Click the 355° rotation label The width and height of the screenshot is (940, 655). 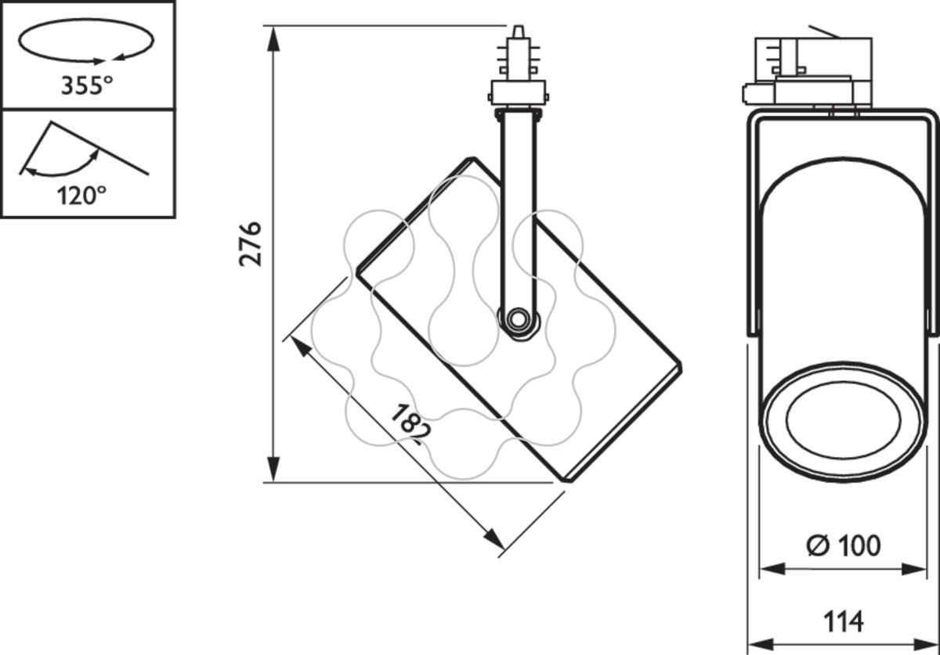(x=87, y=85)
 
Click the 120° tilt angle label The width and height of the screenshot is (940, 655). (x=81, y=195)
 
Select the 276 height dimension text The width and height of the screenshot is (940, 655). (x=251, y=244)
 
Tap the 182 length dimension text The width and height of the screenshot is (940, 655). (x=410, y=424)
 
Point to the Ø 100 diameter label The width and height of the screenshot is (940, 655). (x=844, y=545)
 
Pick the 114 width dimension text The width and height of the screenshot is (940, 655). (x=844, y=621)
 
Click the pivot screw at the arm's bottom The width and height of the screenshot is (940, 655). (x=518, y=319)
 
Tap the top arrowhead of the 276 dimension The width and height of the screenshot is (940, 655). (x=273, y=38)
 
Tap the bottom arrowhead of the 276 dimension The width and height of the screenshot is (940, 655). (x=273, y=470)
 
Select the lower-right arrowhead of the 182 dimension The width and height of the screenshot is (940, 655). (x=494, y=539)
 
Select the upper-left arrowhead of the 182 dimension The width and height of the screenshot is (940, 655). (x=302, y=347)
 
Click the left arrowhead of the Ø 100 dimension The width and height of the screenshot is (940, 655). (x=772, y=569)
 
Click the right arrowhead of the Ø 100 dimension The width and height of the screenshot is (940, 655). (x=914, y=569)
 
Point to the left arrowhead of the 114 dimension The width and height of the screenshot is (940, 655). (x=761, y=644)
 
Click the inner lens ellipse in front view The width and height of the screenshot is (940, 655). (x=843, y=419)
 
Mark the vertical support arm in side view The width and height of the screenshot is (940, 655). (x=519, y=218)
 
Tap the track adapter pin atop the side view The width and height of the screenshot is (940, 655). (x=519, y=32)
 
